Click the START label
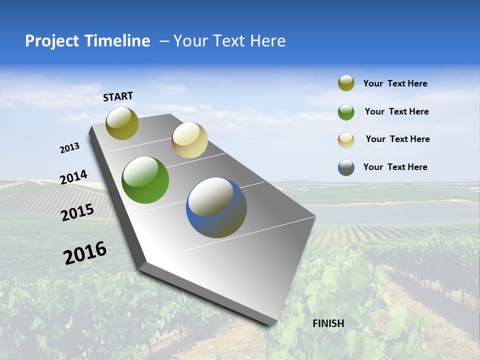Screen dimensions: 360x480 [x=118, y=96]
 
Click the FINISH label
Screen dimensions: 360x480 [x=328, y=323]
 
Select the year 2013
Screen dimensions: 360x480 [x=70, y=148]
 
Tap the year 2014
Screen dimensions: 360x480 [x=73, y=177]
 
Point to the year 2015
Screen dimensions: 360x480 [x=77, y=212]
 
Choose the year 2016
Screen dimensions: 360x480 [x=85, y=253]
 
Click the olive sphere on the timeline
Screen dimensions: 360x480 [x=122, y=123]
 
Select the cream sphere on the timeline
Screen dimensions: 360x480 [x=189, y=140]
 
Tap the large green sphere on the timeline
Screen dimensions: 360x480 [x=145, y=180]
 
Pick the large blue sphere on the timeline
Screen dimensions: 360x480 [x=216, y=207]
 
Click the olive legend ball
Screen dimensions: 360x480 [x=346, y=83]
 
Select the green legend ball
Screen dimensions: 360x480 [x=346, y=112]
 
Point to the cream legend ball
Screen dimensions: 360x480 [x=346, y=140]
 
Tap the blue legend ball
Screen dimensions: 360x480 [x=346, y=167]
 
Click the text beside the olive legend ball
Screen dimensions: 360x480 [x=395, y=84]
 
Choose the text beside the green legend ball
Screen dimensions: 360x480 [x=396, y=111]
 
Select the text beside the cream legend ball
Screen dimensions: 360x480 [x=397, y=139]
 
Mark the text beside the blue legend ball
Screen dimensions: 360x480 [x=395, y=167]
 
